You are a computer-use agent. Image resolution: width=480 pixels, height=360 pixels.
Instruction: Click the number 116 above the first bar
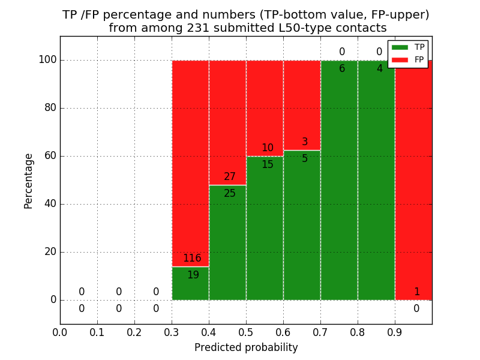(192, 259)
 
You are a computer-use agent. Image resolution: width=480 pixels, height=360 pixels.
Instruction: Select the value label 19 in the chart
(193, 275)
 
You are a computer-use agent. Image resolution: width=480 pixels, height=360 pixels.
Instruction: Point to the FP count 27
(230, 177)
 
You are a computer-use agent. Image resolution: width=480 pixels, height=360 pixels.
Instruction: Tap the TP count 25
(230, 194)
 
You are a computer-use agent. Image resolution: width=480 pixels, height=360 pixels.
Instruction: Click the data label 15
(267, 165)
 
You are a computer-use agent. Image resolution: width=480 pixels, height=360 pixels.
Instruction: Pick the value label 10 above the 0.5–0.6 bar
(267, 148)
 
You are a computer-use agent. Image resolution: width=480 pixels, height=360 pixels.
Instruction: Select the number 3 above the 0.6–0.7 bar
(305, 142)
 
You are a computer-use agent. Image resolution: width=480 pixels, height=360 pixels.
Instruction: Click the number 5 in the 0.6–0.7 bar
(305, 159)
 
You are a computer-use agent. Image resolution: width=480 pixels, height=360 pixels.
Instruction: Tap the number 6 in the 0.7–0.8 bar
(342, 69)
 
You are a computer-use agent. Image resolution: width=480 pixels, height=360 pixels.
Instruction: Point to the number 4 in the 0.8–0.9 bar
(379, 69)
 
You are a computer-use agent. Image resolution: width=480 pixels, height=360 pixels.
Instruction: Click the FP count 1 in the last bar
(416, 292)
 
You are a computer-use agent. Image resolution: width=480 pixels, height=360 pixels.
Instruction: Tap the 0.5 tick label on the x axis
(246, 332)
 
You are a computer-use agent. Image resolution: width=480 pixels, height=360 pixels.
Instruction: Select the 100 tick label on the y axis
(47, 60)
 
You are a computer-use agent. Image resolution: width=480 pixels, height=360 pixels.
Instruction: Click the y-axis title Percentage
(29, 181)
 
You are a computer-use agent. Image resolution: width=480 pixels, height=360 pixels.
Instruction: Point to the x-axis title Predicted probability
(246, 347)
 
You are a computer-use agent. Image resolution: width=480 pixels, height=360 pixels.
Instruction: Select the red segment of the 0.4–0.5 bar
(227, 120)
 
